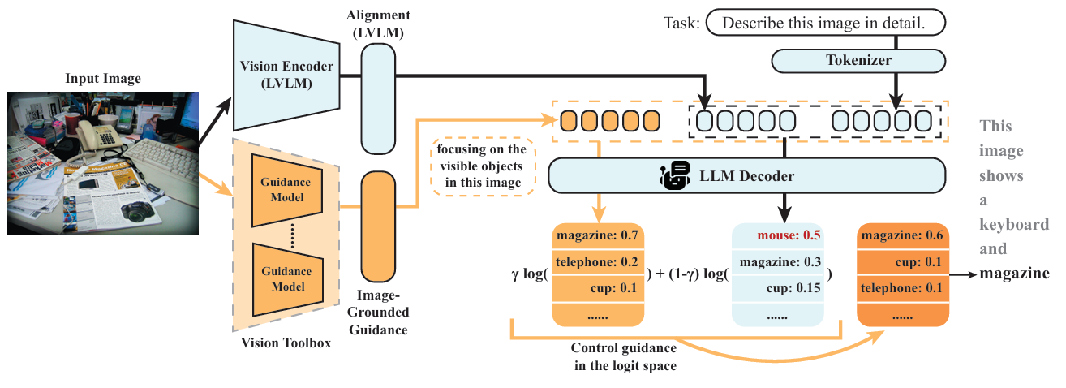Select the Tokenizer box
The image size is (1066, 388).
tap(858, 61)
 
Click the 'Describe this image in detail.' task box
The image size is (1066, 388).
tap(825, 24)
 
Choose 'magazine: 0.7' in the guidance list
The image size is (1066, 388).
tap(598, 236)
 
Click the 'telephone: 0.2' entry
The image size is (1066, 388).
tap(598, 262)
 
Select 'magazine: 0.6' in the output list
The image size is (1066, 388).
tap(902, 236)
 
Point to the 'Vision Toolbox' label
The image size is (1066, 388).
tap(286, 343)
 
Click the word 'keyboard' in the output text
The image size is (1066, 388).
tap(1014, 225)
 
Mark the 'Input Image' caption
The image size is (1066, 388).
tap(104, 79)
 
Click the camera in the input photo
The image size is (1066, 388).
tap(139, 213)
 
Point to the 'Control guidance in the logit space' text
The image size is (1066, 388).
tap(624, 357)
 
